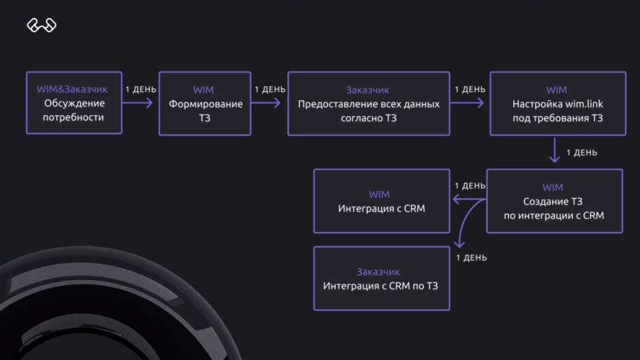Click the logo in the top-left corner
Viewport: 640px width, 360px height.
[42, 26]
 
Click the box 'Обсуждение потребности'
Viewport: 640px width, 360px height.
[74, 103]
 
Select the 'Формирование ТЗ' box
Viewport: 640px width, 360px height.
[203, 103]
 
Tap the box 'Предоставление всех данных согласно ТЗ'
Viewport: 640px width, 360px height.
[367, 103]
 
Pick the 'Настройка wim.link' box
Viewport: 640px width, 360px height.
[557, 103]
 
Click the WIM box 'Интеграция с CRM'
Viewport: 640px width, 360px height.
[382, 200]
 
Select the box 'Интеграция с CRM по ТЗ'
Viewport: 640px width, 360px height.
[382, 279]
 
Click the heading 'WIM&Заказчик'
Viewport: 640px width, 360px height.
[74, 89]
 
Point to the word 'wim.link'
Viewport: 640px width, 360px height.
[584, 104]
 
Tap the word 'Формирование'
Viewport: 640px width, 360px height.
[203, 104]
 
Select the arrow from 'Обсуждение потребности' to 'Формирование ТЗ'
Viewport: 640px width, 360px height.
[140, 103]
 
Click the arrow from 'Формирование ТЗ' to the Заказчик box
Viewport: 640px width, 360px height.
[270, 103]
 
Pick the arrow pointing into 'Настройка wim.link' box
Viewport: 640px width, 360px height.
[468, 103]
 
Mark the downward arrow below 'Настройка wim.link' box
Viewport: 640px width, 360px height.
[555, 150]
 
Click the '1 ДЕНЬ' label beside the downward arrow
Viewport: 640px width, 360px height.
[581, 153]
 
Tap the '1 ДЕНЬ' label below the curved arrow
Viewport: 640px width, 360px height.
[471, 258]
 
